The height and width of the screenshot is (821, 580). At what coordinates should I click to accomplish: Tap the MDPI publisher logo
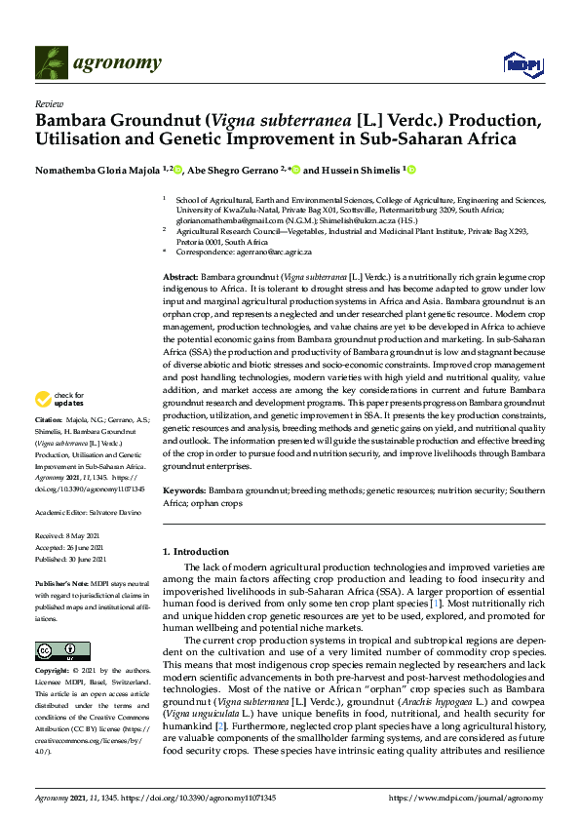click(522, 64)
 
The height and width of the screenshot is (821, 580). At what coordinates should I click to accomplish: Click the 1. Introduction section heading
click(196, 552)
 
